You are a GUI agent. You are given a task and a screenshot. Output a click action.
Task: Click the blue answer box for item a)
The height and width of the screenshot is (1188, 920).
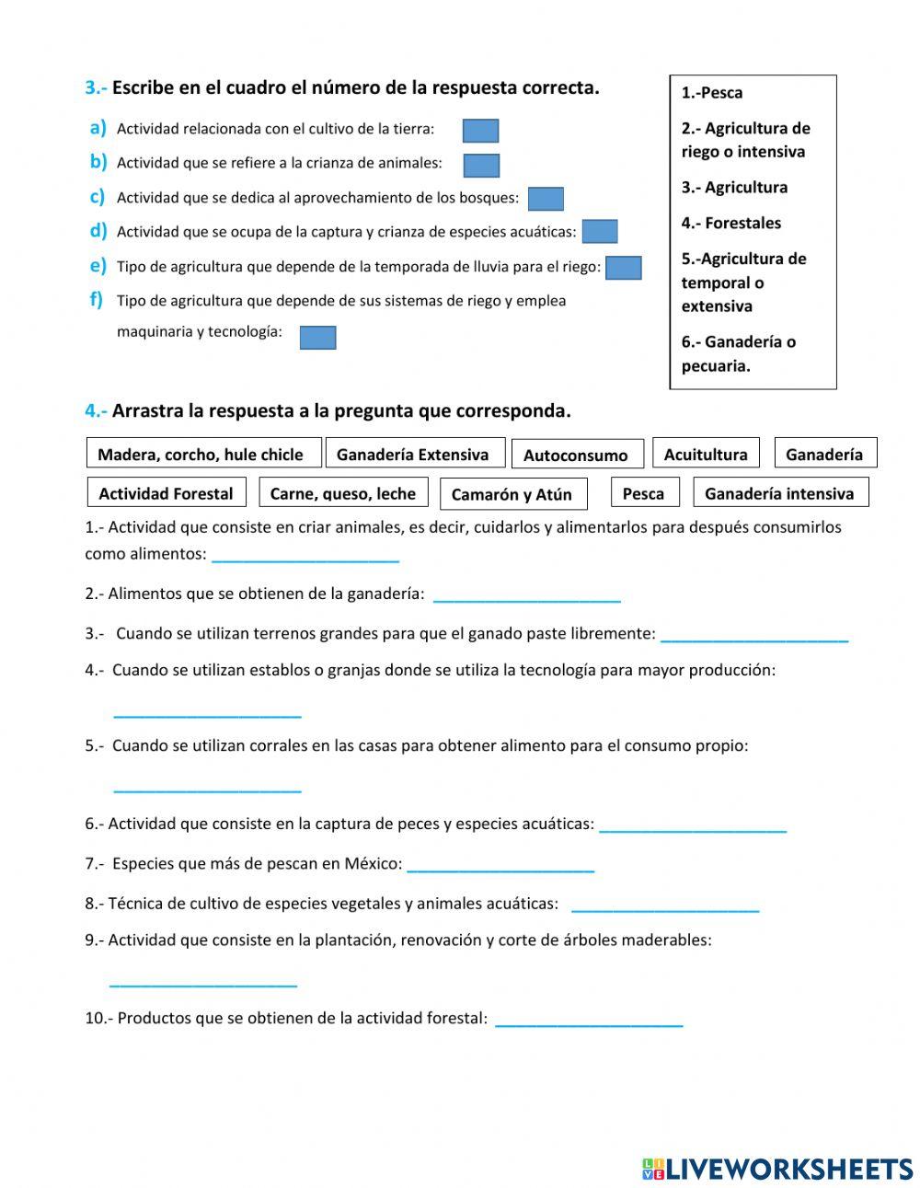[480, 131]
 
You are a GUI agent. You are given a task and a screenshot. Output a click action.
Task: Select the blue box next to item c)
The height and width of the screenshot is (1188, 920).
[546, 199]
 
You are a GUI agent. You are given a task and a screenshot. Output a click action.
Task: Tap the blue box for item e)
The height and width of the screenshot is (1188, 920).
[624, 268]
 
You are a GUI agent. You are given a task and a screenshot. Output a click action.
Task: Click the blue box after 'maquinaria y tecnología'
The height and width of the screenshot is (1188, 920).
[318, 338]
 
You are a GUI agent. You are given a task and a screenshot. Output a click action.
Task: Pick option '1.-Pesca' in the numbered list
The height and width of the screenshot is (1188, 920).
[712, 93]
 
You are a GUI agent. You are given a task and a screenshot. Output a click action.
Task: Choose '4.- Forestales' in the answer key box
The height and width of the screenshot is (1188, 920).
[730, 224]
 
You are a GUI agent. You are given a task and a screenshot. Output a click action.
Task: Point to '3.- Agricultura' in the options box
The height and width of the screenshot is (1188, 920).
[734, 188]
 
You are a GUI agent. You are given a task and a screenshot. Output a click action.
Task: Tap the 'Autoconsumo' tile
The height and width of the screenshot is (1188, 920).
[576, 455]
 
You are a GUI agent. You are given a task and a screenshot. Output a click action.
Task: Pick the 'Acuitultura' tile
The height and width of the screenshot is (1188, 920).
[706, 454]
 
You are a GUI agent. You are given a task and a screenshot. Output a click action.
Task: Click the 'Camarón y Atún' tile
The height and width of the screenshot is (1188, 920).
[513, 494]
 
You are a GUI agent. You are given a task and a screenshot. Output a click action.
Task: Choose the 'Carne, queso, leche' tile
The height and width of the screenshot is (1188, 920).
[343, 493]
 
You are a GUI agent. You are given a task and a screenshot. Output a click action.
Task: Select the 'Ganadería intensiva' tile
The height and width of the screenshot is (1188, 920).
[779, 493]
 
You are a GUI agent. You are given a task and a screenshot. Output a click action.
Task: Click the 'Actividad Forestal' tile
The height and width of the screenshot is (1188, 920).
[167, 493]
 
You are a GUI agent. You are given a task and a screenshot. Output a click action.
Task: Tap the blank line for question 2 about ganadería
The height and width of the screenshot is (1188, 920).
[526, 598]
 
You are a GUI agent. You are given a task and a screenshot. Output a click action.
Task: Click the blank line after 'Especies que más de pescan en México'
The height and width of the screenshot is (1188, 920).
[500, 868]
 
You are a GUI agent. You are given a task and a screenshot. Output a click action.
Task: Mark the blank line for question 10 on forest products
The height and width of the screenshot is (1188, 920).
[589, 1022]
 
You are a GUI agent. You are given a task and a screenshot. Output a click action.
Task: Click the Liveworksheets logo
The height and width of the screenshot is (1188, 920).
[776, 1169]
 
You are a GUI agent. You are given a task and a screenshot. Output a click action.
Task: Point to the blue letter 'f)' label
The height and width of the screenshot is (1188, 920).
[97, 299]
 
